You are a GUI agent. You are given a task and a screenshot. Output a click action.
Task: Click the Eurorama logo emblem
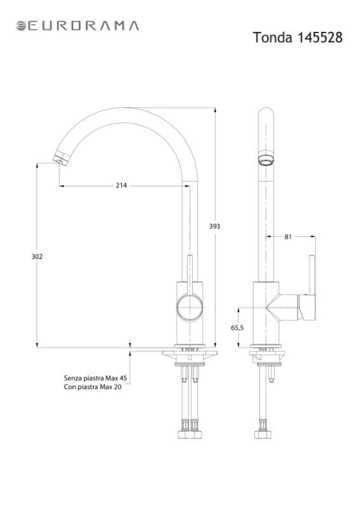pos(21,26)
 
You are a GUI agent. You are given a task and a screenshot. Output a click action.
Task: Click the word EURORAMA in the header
pos(83,26)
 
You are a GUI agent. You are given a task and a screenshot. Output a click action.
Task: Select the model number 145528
pos(320,38)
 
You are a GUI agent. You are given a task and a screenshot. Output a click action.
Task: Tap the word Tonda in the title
pos(272,38)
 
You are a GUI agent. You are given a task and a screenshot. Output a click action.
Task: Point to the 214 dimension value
pos(121,185)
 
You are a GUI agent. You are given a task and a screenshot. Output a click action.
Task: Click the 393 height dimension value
pos(214,227)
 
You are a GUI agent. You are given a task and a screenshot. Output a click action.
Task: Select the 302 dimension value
pos(37,256)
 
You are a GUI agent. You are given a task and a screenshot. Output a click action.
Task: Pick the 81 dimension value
pos(288,237)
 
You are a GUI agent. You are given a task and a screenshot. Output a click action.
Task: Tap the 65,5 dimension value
pos(237,328)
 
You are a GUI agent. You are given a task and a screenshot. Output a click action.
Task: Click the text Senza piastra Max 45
pos(95,378)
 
